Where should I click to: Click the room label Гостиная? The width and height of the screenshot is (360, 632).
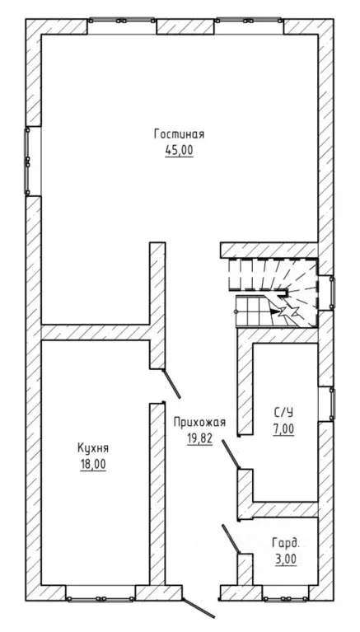[x=179, y=134]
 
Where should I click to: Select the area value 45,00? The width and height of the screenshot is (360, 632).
[x=179, y=150]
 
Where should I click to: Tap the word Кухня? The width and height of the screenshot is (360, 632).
[x=93, y=448]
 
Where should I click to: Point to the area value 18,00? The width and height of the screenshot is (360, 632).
[x=93, y=465]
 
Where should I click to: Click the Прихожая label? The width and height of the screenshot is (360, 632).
[x=199, y=423]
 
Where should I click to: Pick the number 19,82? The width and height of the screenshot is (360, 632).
[x=199, y=438]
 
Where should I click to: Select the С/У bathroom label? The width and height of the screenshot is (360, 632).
[x=283, y=412]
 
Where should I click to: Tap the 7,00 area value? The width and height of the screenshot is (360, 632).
[x=283, y=429]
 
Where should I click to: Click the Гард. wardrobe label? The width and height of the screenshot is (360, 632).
[x=286, y=543]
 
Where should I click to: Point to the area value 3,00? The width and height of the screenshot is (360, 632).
[x=286, y=559]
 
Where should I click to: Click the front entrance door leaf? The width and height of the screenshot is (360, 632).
[x=198, y=608]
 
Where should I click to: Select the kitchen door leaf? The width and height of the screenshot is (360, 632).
[x=171, y=384]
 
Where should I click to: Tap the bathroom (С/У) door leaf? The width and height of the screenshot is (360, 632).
[x=231, y=454]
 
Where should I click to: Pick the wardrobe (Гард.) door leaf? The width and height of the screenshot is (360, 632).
[x=231, y=539]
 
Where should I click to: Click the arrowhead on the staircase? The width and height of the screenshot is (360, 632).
[x=276, y=311]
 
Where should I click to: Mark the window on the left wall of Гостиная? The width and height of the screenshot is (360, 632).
[x=27, y=162]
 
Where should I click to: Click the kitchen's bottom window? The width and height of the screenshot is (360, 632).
[x=101, y=599]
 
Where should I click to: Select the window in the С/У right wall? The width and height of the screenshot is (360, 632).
[x=332, y=404]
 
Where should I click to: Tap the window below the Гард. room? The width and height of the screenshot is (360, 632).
[x=286, y=599]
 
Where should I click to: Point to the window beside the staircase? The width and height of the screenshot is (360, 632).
[x=332, y=293]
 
